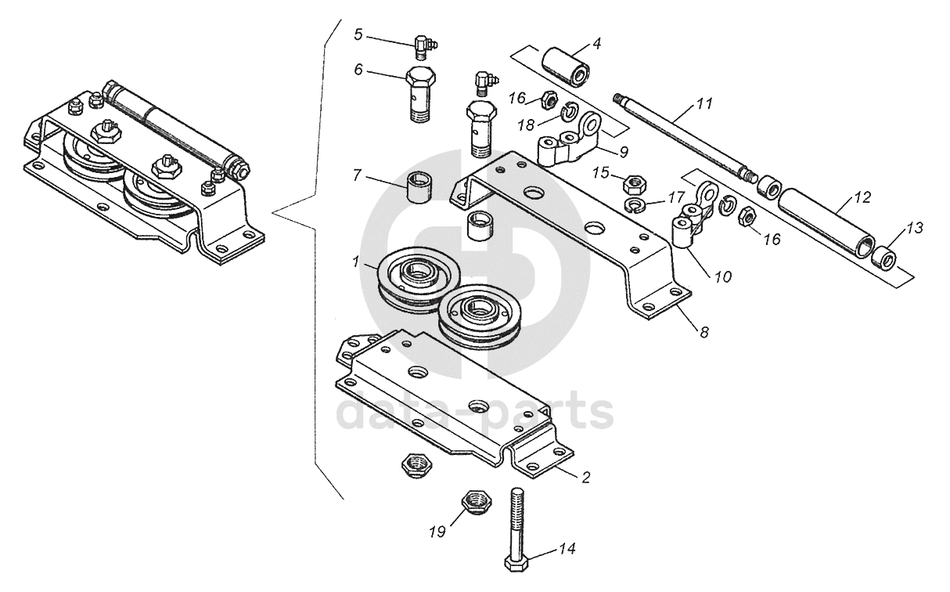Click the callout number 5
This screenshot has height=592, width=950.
[358, 34]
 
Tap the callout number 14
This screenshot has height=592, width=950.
[565, 549]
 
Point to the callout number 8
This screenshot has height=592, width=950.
[704, 332]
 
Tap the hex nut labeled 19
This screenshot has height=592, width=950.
[474, 501]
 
